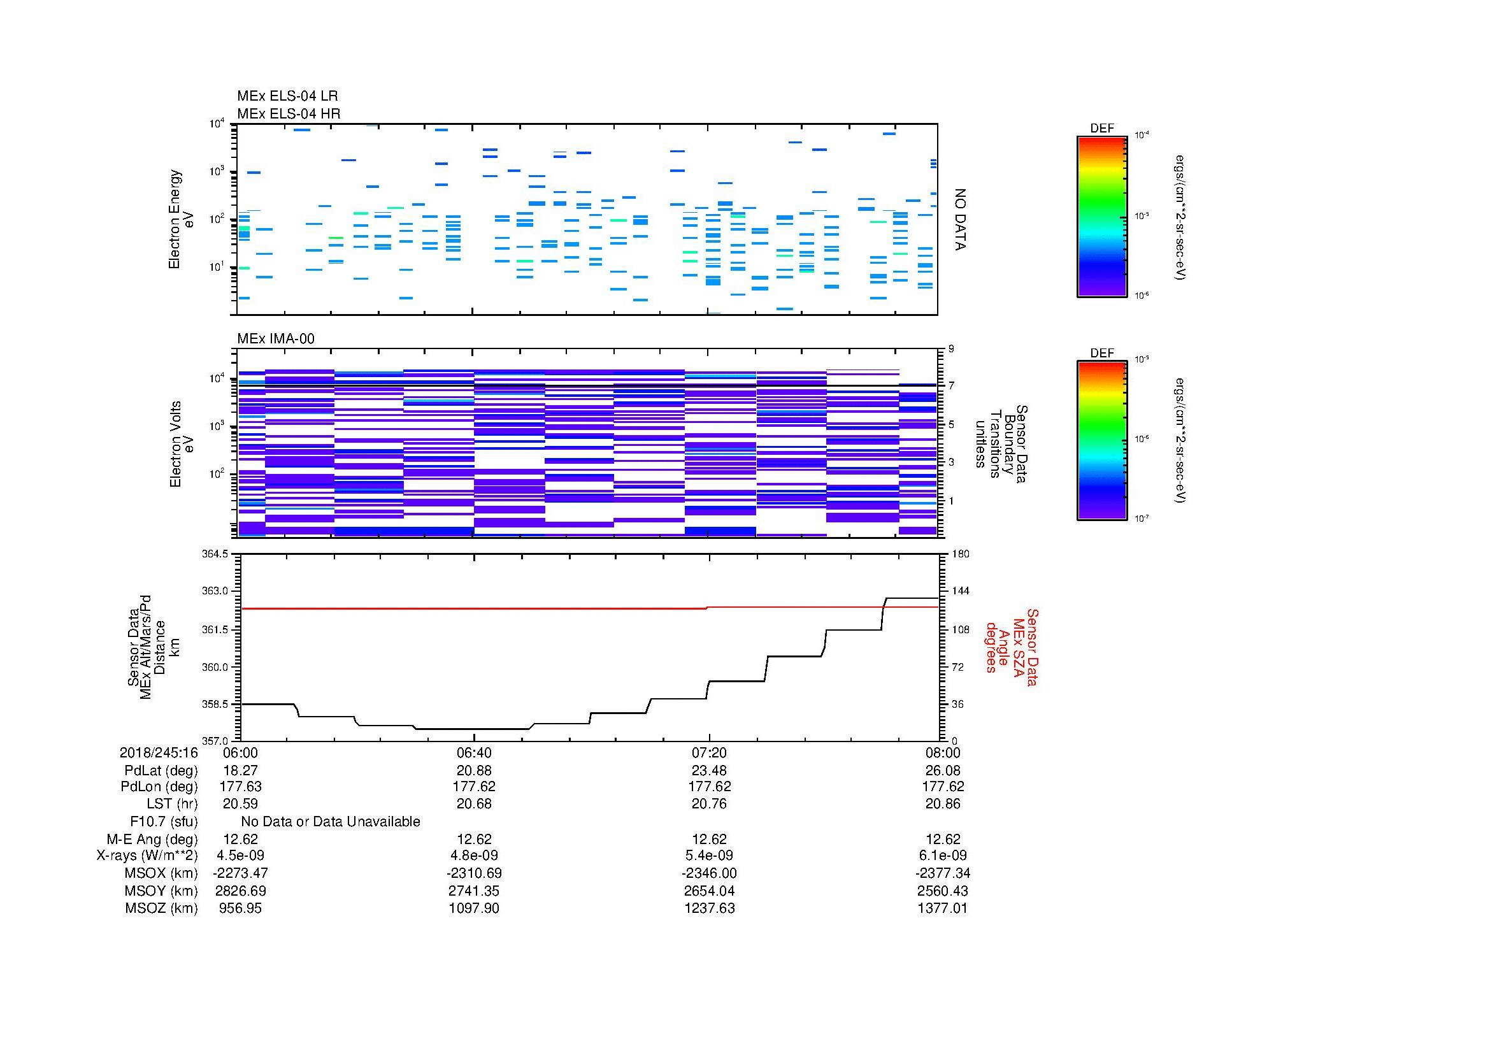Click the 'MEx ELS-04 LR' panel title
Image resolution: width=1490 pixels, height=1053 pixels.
(287, 96)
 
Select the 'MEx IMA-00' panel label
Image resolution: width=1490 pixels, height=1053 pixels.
(275, 339)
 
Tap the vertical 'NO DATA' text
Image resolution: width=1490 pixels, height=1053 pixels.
(960, 219)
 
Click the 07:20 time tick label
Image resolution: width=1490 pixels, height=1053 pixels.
(709, 752)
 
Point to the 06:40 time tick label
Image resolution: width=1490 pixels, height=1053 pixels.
(475, 752)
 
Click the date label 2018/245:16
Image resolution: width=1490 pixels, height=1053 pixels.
(159, 752)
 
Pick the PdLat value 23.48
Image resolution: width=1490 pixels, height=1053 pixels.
(709, 770)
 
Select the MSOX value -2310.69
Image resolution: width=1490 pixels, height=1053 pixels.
(475, 873)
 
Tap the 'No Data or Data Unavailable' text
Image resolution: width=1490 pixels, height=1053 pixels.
(331, 822)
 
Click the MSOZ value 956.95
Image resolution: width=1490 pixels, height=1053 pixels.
(241, 908)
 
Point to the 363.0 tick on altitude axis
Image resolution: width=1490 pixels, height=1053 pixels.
(216, 592)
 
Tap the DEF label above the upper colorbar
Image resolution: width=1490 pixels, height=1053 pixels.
(1102, 129)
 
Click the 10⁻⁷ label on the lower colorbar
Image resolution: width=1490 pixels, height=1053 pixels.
(1142, 519)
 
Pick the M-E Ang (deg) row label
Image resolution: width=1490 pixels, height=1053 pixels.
(152, 839)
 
